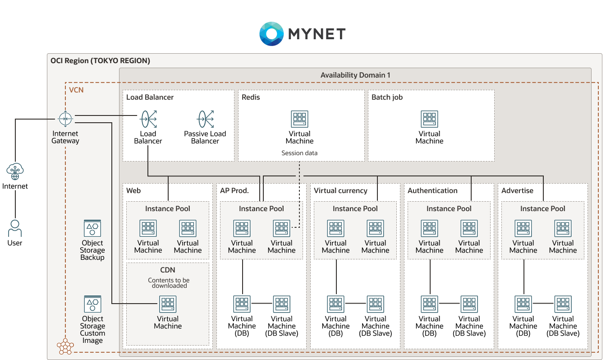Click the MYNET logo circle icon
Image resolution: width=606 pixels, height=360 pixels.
coord(271,33)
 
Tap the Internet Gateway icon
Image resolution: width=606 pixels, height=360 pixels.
coord(65,119)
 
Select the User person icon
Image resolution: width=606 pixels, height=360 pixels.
coord(15,228)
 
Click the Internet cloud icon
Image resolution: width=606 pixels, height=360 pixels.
coord(15,171)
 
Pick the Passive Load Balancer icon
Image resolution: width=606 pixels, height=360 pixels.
coord(205,119)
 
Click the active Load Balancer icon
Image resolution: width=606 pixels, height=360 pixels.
coord(148,119)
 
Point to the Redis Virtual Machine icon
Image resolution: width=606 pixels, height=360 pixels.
coord(299,120)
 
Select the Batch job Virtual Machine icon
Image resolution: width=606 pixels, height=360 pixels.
coord(429,120)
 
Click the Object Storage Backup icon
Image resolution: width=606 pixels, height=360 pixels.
coord(92,229)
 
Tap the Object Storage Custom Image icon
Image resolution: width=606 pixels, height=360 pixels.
coord(92,305)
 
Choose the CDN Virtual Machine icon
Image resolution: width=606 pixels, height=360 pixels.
coord(168,305)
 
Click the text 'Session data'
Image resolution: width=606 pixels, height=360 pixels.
coord(299,153)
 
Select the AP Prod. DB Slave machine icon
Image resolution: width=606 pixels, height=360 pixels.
coord(281,305)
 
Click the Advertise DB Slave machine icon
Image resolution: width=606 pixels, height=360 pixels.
coord(563,305)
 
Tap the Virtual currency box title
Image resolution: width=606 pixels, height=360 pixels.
coord(340,191)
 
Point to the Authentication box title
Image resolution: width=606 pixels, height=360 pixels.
coord(432,191)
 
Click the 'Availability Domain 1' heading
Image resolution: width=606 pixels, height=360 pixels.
coord(355,75)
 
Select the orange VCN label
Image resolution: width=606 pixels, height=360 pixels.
coord(76,90)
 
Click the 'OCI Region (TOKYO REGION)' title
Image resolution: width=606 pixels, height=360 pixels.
coord(100,61)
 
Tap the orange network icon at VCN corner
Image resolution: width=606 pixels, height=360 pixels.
coord(65,346)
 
